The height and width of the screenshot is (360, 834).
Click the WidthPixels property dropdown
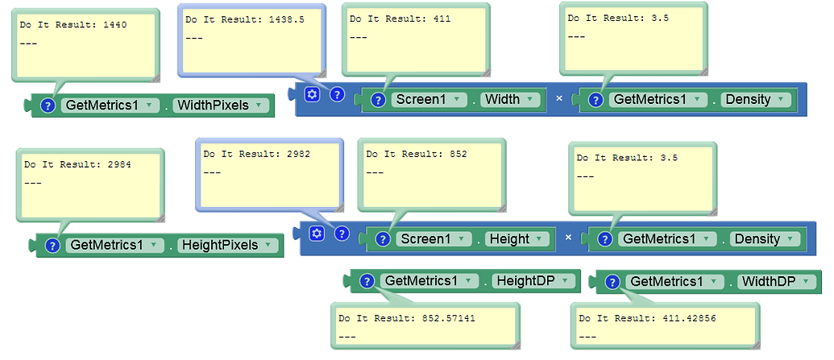(x=222, y=106)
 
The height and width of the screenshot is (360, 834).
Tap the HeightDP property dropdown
(x=533, y=281)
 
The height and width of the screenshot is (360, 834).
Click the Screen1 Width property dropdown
(x=509, y=100)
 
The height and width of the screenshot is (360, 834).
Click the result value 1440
(x=115, y=25)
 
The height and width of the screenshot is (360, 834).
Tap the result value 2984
(x=119, y=164)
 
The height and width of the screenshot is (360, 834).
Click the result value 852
(x=458, y=154)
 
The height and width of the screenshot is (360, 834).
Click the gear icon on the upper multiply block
(x=313, y=94)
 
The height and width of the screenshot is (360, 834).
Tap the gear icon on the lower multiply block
(x=317, y=234)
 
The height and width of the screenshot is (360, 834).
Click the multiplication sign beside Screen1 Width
(x=558, y=100)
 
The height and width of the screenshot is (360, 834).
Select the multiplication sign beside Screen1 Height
(x=568, y=238)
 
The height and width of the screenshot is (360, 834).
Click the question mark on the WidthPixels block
(x=48, y=106)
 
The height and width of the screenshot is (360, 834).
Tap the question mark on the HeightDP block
(x=367, y=281)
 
